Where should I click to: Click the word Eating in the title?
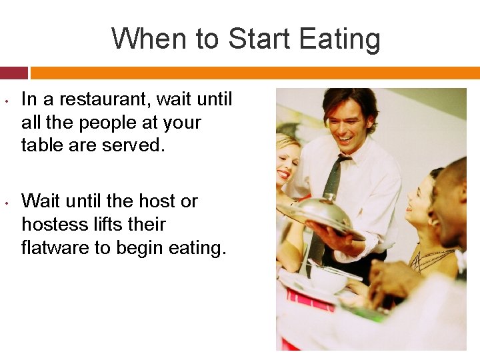click(339, 39)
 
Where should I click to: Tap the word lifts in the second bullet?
click(133, 224)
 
